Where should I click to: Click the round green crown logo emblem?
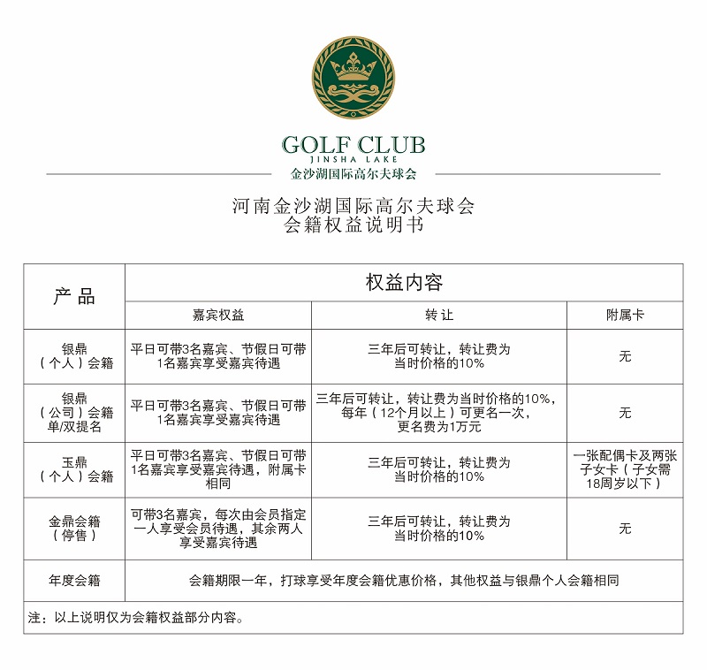[353, 79]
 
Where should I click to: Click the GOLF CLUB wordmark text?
[353, 144]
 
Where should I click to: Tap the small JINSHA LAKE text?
[353, 160]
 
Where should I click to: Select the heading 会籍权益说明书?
[353, 225]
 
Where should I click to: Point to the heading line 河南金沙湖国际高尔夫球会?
[353, 206]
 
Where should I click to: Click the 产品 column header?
[74, 296]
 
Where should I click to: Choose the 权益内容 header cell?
[404, 283]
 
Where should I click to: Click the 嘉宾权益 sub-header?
[218, 315]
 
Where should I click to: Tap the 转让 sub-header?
[439, 315]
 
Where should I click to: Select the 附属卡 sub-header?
[625, 315]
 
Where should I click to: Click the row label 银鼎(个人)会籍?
[75, 355]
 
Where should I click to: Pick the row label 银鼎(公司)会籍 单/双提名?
[75, 412]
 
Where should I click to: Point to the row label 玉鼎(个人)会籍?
[75, 469]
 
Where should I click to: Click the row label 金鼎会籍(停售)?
[75, 529]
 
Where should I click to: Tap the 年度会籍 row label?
[75, 581]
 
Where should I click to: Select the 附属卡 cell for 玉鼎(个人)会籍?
[625, 469]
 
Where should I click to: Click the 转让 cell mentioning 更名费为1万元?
[439, 412]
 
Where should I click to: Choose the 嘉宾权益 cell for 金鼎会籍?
[218, 529]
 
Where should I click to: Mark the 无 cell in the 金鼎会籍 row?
[625, 529]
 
